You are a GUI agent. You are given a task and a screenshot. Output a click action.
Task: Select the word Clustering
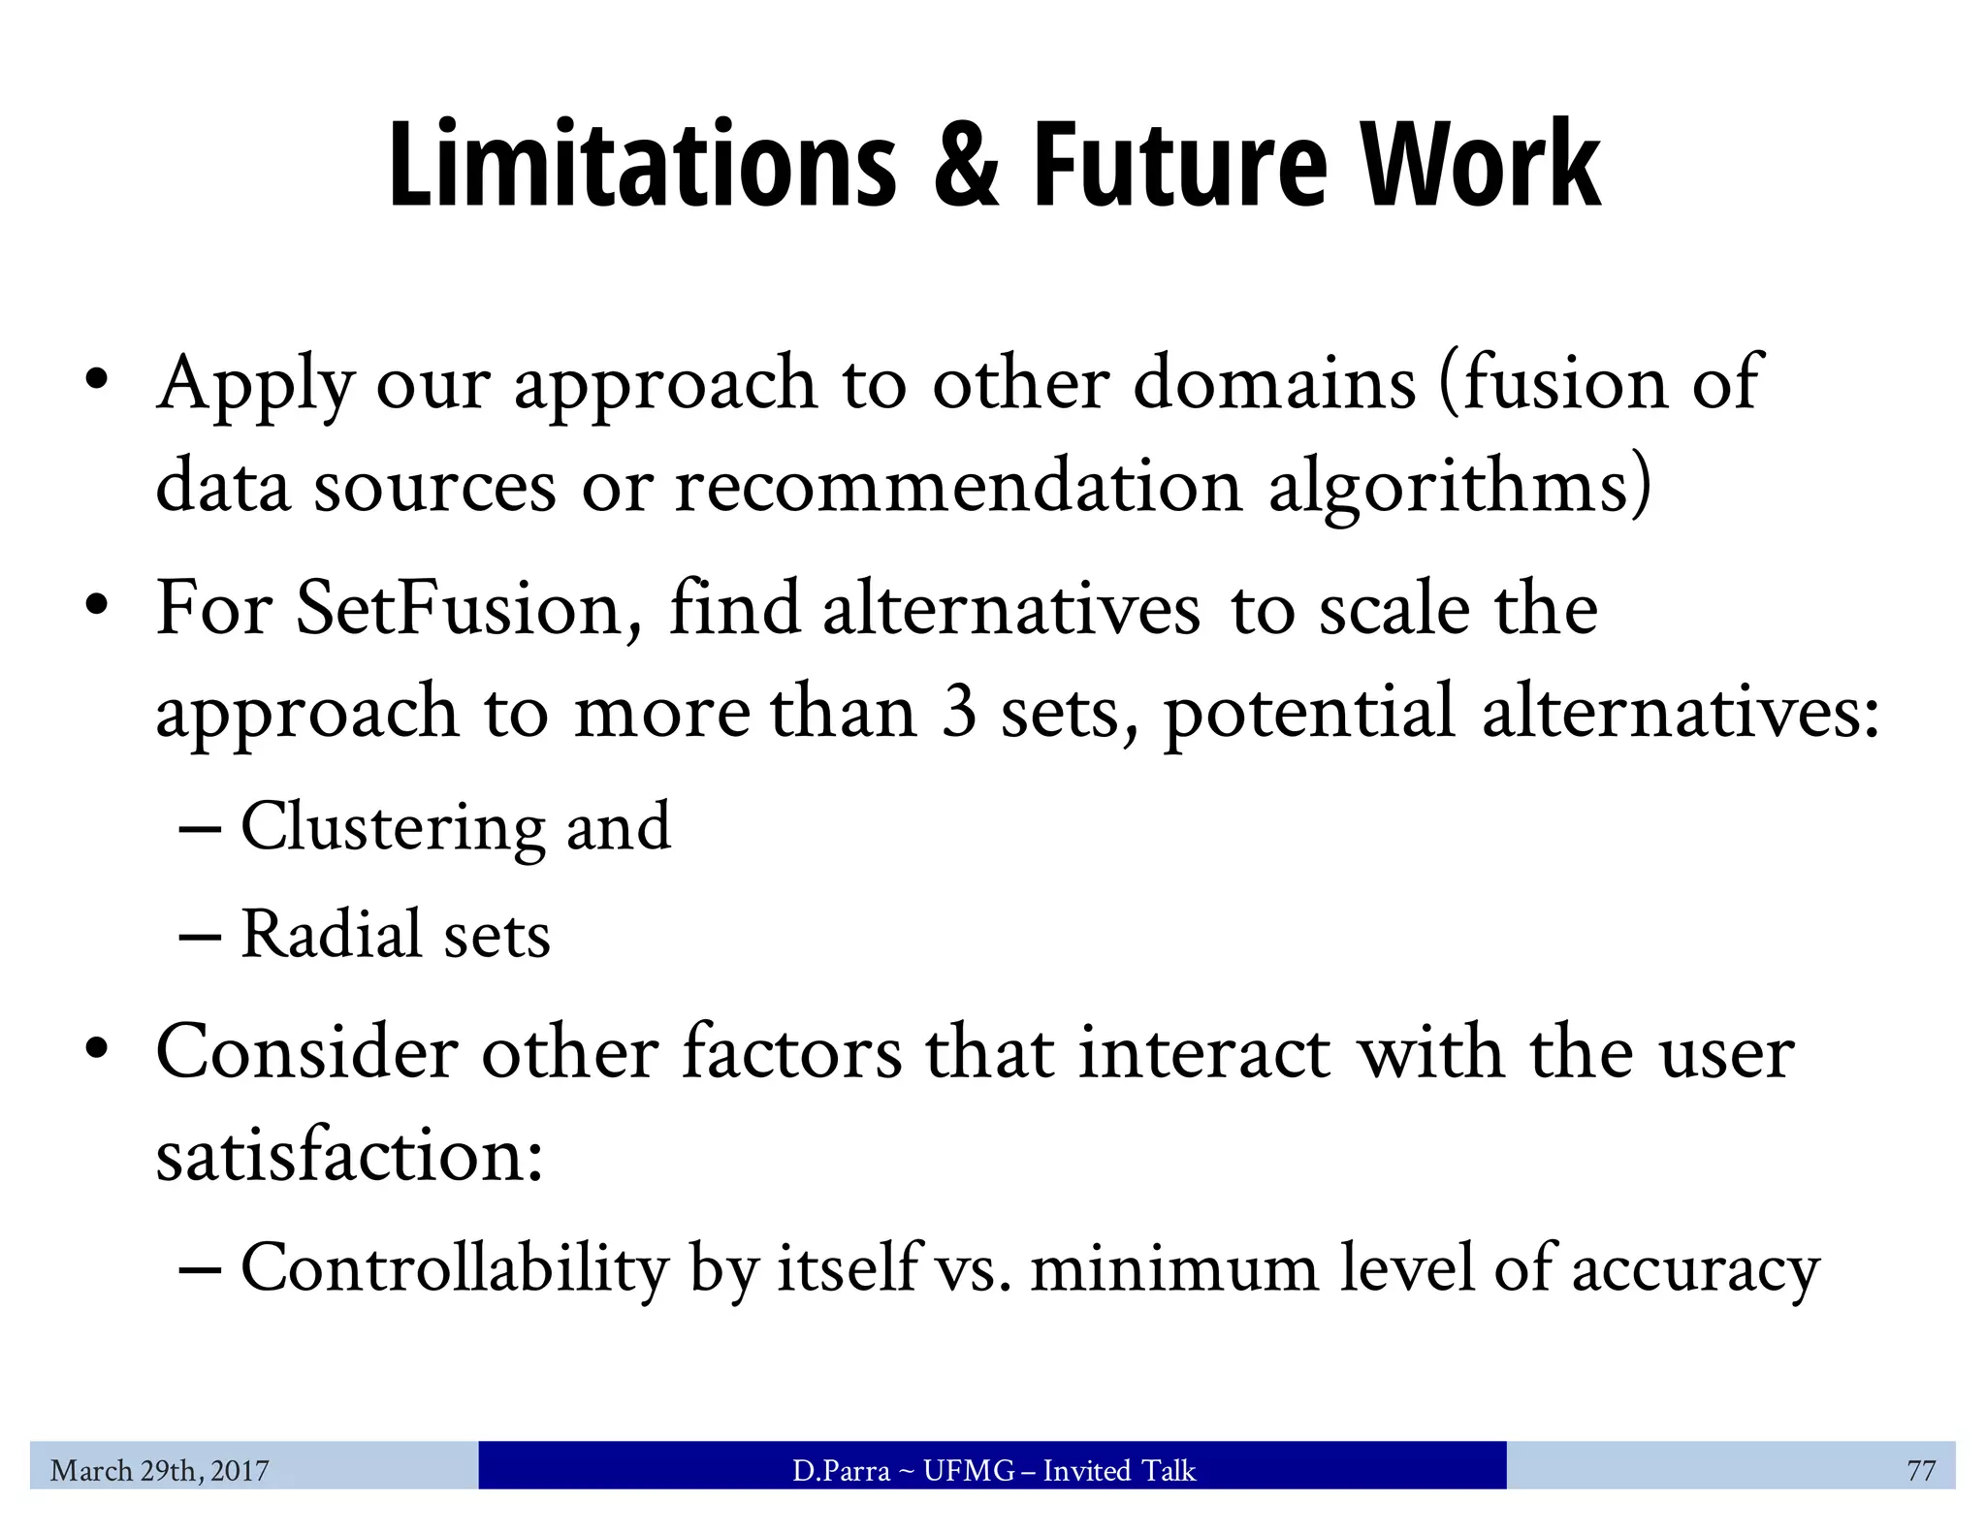tap(393, 827)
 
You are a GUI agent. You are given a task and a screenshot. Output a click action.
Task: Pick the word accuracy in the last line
tap(1695, 1269)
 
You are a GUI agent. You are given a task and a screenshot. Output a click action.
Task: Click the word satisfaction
tap(349, 1156)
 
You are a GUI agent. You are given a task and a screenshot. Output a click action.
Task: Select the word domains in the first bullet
tap(1274, 383)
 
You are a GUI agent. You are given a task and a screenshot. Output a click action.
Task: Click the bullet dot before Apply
tap(95, 380)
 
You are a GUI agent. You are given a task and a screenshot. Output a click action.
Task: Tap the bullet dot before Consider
tap(95, 1051)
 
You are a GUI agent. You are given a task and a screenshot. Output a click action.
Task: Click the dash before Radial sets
tap(200, 937)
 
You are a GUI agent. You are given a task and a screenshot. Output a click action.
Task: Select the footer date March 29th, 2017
tap(160, 1471)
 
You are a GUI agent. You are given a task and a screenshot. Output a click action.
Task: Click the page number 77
tap(1920, 1471)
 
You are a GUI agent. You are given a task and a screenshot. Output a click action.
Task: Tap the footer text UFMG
tap(968, 1471)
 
